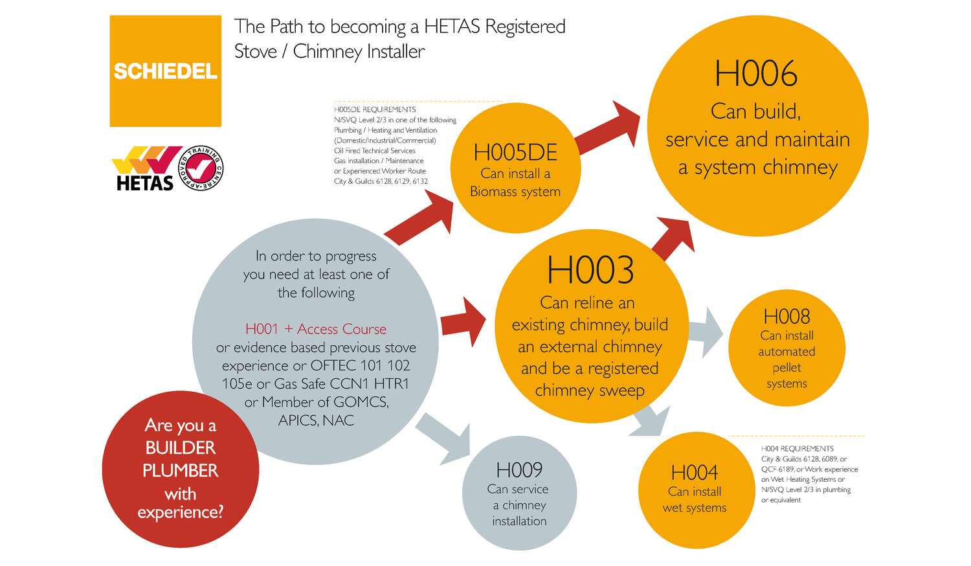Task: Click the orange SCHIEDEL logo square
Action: coord(165,71)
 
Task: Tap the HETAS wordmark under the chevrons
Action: coord(145,183)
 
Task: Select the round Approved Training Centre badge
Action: coord(201,168)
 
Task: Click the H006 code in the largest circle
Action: coord(755,74)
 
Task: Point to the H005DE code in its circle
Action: coord(515,153)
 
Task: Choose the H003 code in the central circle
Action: coord(590,271)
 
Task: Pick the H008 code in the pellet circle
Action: coord(787,317)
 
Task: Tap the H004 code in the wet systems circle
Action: coord(695,473)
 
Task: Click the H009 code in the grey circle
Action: coord(519,470)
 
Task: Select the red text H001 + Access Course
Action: coord(316,329)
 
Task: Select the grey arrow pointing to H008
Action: coord(706,332)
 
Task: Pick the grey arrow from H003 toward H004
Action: coord(651,421)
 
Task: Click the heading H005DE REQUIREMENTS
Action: coord(375,109)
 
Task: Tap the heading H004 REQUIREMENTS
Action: coord(797,449)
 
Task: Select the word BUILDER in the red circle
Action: coord(180,448)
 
